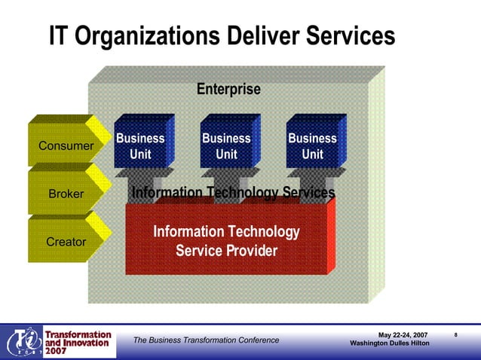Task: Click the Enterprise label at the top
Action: coord(228,89)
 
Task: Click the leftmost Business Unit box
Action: coord(140,146)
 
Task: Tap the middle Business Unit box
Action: coord(226,146)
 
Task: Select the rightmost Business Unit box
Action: coord(312,146)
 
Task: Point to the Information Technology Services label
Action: coord(233,193)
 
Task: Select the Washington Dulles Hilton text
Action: coord(390,344)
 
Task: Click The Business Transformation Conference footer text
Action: coord(206,340)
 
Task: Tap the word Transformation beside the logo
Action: coord(78,334)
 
